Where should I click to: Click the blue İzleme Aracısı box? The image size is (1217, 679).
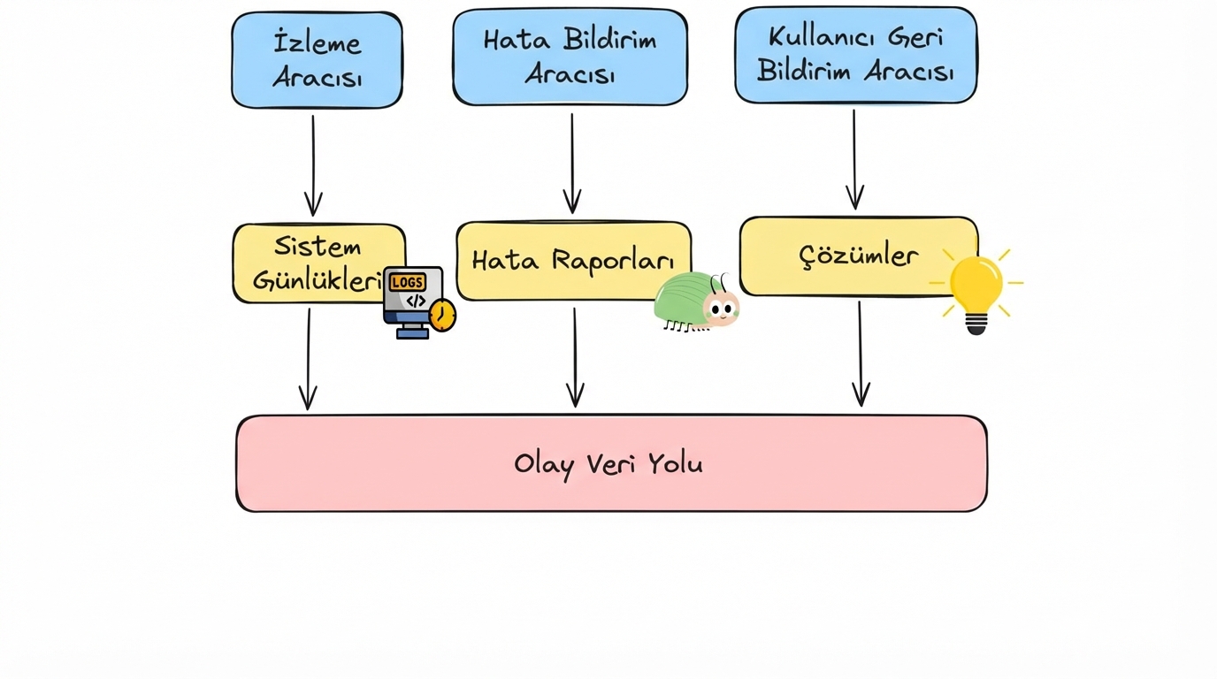tap(317, 60)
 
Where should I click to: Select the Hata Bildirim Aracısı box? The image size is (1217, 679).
tap(570, 57)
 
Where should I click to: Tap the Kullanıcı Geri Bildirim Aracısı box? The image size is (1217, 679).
tap(855, 55)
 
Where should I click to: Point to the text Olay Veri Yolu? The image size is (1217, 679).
tap(608, 464)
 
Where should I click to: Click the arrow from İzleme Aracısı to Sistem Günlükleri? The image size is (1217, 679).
tap(313, 165)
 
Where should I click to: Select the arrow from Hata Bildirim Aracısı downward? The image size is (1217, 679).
tap(572, 164)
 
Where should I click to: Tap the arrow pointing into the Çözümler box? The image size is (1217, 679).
tap(854, 160)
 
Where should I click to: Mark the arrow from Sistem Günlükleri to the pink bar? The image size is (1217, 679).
tap(308, 359)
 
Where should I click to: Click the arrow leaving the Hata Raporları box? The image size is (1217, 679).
tap(575, 357)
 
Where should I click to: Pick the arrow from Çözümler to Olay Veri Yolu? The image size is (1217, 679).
tap(860, 354)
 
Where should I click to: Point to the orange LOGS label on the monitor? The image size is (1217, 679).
tap(407, 282)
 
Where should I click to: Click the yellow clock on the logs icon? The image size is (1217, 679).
tap(442, 316)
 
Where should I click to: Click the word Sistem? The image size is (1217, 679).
tap(318, 246)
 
